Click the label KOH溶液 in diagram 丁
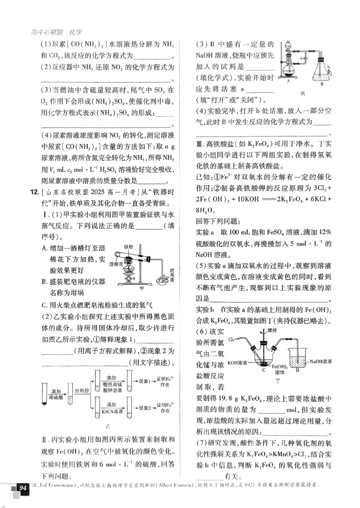click(238, 361)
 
